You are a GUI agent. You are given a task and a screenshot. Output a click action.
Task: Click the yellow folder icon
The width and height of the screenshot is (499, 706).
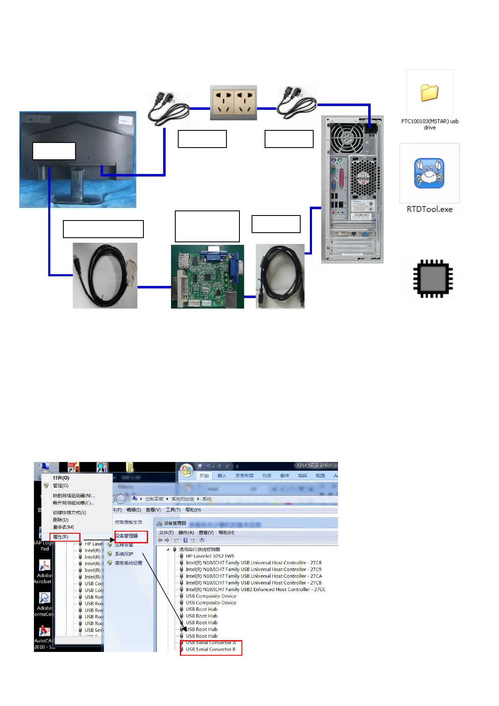click(x=429, y=93)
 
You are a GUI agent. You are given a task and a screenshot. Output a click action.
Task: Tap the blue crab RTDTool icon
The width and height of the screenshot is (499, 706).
click(x=429, y=173)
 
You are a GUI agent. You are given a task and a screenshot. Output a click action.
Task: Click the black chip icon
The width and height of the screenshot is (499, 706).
click(x=433, y=278)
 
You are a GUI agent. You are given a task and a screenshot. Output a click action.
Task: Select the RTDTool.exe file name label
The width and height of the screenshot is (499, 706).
click(x=429, y=209)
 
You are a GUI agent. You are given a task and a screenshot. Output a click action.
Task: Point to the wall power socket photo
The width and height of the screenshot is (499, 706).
click(x=234, y=103)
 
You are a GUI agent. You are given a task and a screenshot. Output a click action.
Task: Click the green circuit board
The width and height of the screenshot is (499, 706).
click(x=207, y=277)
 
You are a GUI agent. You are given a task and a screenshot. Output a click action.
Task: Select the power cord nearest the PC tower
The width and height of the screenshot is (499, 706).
click(x=297, y=103)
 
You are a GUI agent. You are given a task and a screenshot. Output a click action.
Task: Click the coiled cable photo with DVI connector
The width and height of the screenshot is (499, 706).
click(x=105, y=276)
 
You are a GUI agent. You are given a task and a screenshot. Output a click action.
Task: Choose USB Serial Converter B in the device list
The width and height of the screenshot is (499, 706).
click(x=211, y=649)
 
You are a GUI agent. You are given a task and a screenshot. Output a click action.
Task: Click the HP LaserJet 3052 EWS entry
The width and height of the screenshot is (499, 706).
click(x=210, y=556)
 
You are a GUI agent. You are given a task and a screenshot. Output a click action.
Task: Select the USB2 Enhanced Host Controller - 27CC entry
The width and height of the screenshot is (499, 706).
click(x=255, y=589)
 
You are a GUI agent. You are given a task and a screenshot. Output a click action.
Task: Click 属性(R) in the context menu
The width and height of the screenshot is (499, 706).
click(x=60, y=537)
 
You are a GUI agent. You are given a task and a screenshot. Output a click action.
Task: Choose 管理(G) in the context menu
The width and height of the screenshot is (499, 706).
click(x=60, y=485)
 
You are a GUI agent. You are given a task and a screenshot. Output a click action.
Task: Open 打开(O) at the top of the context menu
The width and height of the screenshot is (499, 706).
click(x=61, y=478)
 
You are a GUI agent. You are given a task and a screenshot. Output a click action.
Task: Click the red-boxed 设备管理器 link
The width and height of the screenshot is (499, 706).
click(x=127, y=536)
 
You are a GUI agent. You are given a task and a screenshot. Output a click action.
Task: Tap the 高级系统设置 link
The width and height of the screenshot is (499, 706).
click(x=128, y=563)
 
